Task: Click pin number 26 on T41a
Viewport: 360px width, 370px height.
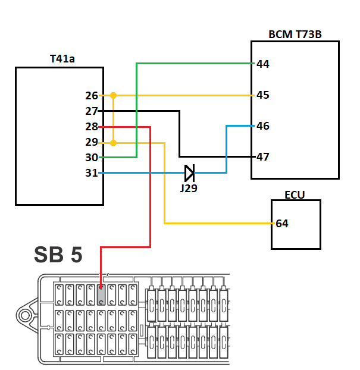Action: click(x=92, y=96)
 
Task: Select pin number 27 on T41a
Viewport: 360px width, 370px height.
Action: click(x=92, y=111)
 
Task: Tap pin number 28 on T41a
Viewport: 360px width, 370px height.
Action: click(x=92, y=127)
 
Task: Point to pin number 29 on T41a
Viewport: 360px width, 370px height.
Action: click(x=92, y=142)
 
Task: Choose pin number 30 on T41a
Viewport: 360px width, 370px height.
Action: click(x=92, y=158)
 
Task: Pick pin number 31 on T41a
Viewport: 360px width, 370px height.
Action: click(x=92, y=173)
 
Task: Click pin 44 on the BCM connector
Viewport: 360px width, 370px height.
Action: click(x=263, y=64)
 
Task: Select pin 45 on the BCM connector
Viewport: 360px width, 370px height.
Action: click(x=263, y=95)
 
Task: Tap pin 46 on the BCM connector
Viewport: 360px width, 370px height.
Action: click(x=263, y=126)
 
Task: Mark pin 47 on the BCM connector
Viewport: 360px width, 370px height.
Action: click(x=263, y=157)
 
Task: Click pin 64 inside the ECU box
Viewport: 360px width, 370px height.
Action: click(x=282, y=224)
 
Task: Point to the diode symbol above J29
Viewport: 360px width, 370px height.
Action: click(x=190, y=173)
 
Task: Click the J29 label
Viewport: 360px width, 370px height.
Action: click(x=189, y=189)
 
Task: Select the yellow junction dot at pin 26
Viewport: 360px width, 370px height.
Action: click(x=113, y=96)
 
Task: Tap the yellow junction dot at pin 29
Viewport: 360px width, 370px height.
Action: click(x=113, y=143)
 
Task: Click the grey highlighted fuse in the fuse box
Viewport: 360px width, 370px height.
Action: click(x=101, y=295)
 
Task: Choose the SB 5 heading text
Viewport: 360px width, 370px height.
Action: click(x=58, y=255)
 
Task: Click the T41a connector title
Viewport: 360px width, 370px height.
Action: click(x=62, y=59)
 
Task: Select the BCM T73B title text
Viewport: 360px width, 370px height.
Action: click(x=295, y=35)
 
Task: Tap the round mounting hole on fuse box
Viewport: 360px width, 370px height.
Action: click(x=25, y=315)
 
